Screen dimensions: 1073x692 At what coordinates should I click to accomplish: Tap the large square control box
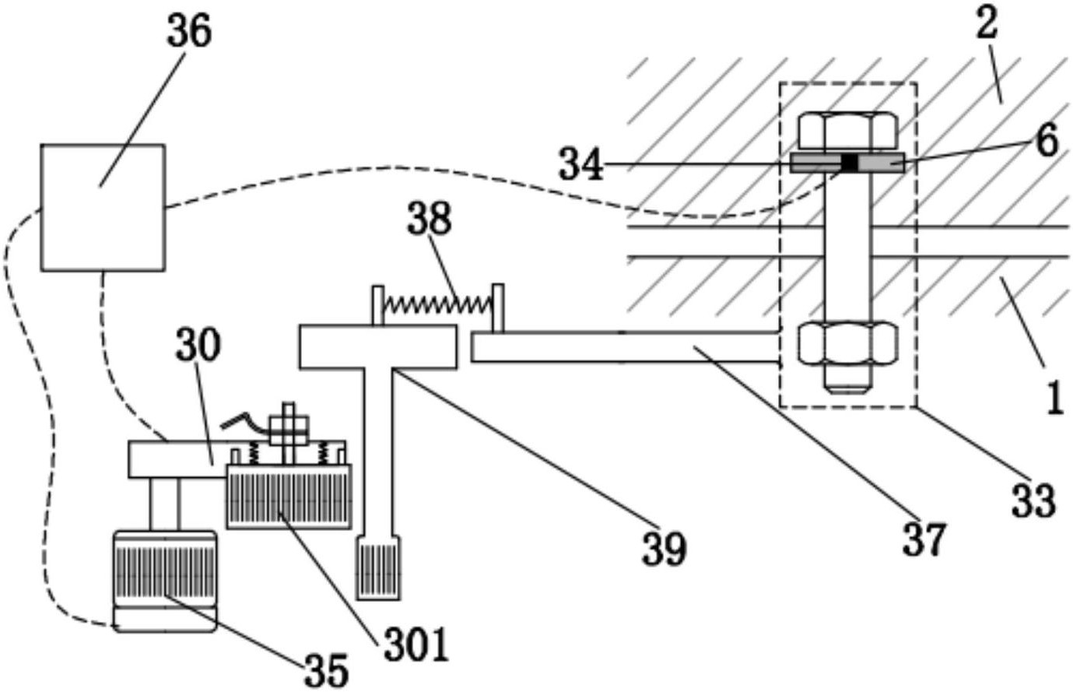tap(103, 208)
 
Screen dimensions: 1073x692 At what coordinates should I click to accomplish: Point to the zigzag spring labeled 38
tap(438, 305)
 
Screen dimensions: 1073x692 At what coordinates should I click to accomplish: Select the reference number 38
tap(430, 218)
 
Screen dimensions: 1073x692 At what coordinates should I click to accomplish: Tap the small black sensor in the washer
tap(850, 163)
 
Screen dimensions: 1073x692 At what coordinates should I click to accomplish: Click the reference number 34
tap(581, 164)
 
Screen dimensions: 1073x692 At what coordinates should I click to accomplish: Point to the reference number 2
tap(987, 24)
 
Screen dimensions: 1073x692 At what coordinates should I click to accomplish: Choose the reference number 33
tap(1034, 501)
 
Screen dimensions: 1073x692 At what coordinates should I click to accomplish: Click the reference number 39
tap(664, 550)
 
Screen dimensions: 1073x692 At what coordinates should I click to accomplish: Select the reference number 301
tap(416, 645)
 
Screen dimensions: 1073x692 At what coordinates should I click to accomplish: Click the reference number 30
tap(198, 346)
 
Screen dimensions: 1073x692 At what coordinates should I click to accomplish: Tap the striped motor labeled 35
tap(164, 581)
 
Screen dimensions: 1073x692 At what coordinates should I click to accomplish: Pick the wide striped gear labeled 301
tap(289, 497)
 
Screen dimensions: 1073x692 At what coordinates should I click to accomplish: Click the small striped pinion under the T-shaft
tap(378, 567)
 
